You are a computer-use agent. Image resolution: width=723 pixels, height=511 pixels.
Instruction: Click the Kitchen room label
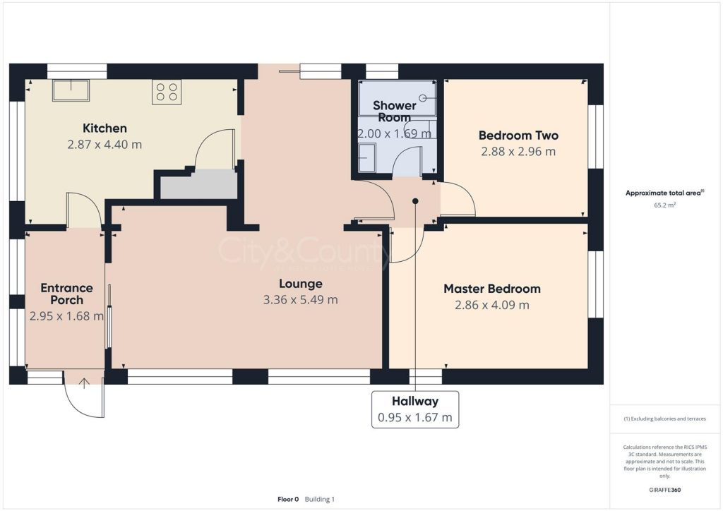[x=104, y=128]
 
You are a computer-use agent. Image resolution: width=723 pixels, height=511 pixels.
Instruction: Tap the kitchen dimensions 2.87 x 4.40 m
[x=104, y=145]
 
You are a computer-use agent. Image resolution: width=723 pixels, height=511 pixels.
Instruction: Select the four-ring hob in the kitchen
[x=167, y=92]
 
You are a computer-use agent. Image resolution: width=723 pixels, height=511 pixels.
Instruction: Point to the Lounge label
[x=300, y=284]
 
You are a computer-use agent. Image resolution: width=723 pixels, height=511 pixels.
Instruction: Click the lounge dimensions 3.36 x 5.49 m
[x=300, y=300]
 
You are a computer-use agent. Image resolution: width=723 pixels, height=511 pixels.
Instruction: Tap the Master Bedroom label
[x=491, y=289]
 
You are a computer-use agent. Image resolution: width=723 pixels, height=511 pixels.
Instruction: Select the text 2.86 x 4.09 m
[x=491, y=305]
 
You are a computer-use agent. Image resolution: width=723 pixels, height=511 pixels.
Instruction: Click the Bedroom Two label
[x=518, y=136]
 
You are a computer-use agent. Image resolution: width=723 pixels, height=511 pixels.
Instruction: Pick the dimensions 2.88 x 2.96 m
[x=518, y=152]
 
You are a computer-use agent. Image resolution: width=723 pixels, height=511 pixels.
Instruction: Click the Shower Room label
[x=395, y=112]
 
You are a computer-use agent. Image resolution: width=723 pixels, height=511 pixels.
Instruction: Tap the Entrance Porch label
[x=66, y=294]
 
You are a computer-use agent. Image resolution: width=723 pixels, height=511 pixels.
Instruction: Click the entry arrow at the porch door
[x=84, y=383]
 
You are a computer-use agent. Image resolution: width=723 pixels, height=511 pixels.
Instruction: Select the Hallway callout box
[x=415, y=409]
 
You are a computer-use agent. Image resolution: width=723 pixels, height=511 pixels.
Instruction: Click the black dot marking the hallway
[x=415, y=201]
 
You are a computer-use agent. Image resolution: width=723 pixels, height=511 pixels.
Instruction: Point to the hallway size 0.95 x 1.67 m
[x=415, y=417]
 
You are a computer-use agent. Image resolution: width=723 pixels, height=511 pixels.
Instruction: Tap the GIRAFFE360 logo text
[x=665, y=490]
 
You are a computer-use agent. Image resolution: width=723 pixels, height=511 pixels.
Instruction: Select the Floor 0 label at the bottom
[x=288, y=499]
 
